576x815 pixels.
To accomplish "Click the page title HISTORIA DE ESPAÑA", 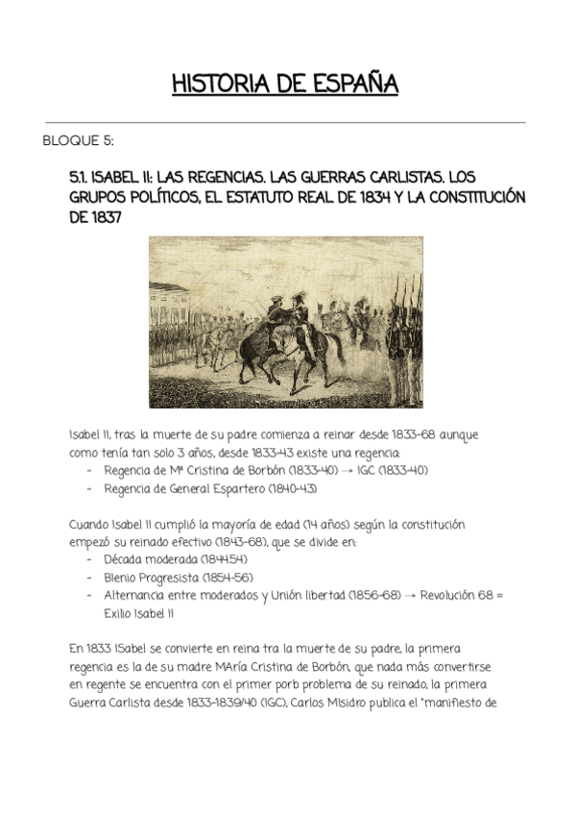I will point(284,84).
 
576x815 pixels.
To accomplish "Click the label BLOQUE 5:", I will point(78,141).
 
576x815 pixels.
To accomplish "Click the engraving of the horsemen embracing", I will point(286,324).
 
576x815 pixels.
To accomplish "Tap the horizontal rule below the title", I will point(285,122).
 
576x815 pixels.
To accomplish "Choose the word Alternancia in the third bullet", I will point(140,595).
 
